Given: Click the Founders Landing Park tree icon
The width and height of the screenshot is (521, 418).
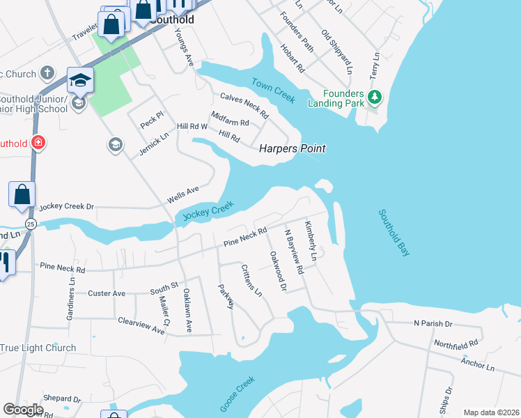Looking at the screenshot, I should tap(375, 97).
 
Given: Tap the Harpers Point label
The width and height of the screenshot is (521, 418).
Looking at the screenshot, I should tap(293, 148).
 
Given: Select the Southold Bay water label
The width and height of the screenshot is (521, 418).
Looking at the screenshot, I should tap(394, 233).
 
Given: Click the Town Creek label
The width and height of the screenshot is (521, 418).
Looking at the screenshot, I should tap(274, 91).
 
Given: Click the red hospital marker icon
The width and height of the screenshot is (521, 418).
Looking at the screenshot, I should tap(38, 144).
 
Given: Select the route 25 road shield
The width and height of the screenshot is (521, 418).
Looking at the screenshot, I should tap(31, 224).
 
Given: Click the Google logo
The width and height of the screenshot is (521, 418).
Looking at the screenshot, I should tap(23, 410).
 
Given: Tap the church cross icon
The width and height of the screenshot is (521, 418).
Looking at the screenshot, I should tap(47, 72).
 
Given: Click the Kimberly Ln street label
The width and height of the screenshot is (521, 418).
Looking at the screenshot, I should tap(310, 242).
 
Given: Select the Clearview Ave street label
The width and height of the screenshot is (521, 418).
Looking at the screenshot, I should tap(141, 325).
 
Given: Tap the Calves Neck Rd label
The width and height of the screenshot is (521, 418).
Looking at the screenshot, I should tap(244, 105).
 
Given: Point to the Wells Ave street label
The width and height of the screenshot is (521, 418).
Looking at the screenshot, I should tap(183, 195).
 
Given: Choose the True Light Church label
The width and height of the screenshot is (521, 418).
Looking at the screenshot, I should tap(38, 348).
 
